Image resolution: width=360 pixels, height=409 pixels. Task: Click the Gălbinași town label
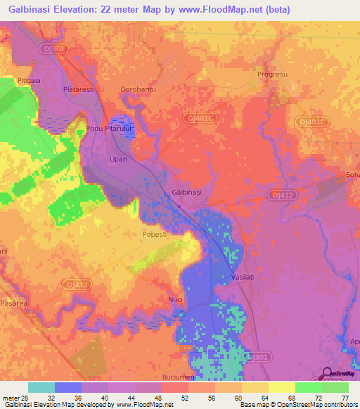click(x=186, y=192)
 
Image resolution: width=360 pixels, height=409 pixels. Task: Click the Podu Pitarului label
click(x=110, y=129)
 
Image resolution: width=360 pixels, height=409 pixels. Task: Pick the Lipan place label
click(x=117, y=160)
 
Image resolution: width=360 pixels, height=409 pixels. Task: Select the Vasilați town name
click(x=247, y=278)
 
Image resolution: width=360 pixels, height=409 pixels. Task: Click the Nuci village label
click(x=176, y=299)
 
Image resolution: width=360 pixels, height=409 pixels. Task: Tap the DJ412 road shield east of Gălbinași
click(x=281, y=193)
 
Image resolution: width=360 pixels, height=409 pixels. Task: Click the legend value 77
click(x=345, y=398)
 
